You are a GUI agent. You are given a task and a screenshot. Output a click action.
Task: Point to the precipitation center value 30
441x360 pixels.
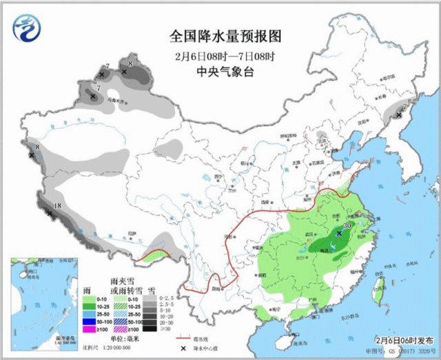point(347,225)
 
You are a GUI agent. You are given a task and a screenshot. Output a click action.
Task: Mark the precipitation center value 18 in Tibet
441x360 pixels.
point(58,206)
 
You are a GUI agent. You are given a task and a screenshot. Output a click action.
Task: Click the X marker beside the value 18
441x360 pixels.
point(50,214)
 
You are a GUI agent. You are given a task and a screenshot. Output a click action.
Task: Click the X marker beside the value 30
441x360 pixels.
point(339,234)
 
